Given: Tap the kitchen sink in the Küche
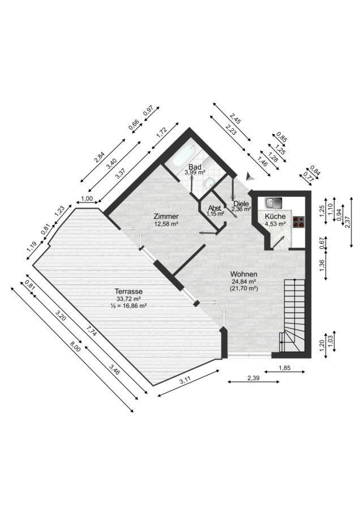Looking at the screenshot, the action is click(x=273, y=203).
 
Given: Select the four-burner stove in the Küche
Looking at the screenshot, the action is click(x=299, y=222).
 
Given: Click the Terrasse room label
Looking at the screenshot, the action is click(x=128, y=292).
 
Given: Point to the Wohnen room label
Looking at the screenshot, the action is click(x=244, y=274).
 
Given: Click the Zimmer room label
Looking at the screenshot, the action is click(x=166, y=217).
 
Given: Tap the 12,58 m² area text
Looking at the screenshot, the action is click(x=166, y=223).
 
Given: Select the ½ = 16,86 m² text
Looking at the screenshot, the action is click(x=128, y=305).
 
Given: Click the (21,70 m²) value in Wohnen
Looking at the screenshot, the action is click(x=244, y=288).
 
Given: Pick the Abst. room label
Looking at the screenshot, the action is click(x=215, y=208).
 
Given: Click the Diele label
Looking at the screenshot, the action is click(x=241, y=204).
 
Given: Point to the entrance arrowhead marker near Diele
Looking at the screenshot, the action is click(x=250, y=176).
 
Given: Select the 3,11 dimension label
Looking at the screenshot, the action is click(x=185, y=380).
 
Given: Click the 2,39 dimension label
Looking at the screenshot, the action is click(x=253, y=378).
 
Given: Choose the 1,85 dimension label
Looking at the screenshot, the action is click(x=285, y=368).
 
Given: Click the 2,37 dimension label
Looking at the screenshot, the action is click(x=348, y=222).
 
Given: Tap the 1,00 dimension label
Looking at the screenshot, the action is click(x=87, y=199).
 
